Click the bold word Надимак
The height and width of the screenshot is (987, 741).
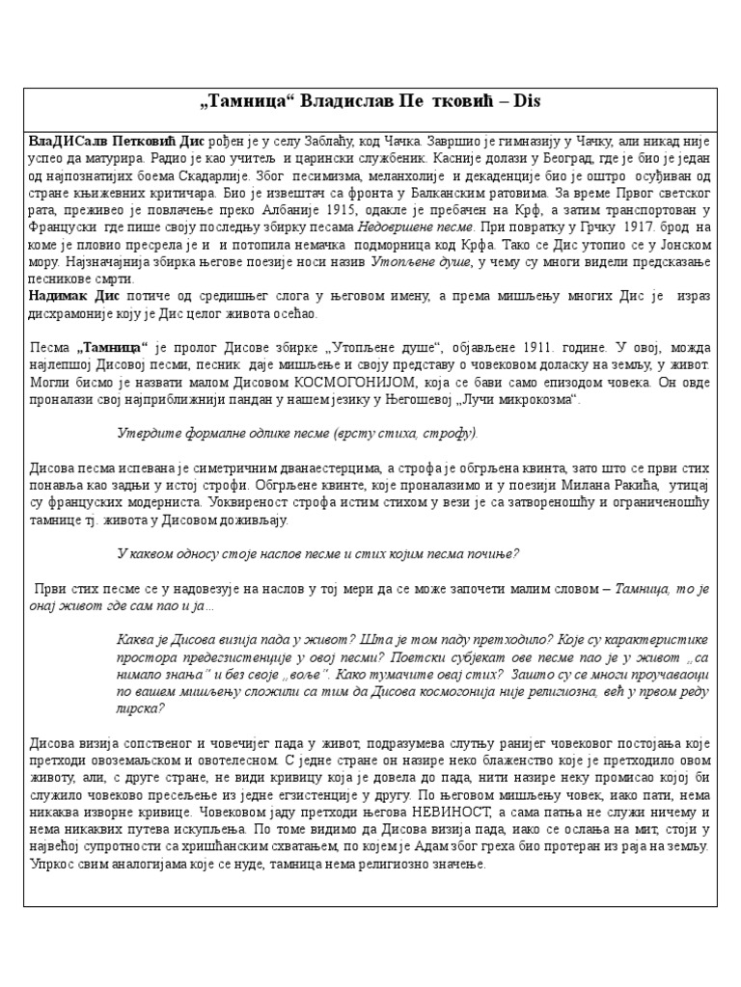pyautogui.click(x=58, y=296)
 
